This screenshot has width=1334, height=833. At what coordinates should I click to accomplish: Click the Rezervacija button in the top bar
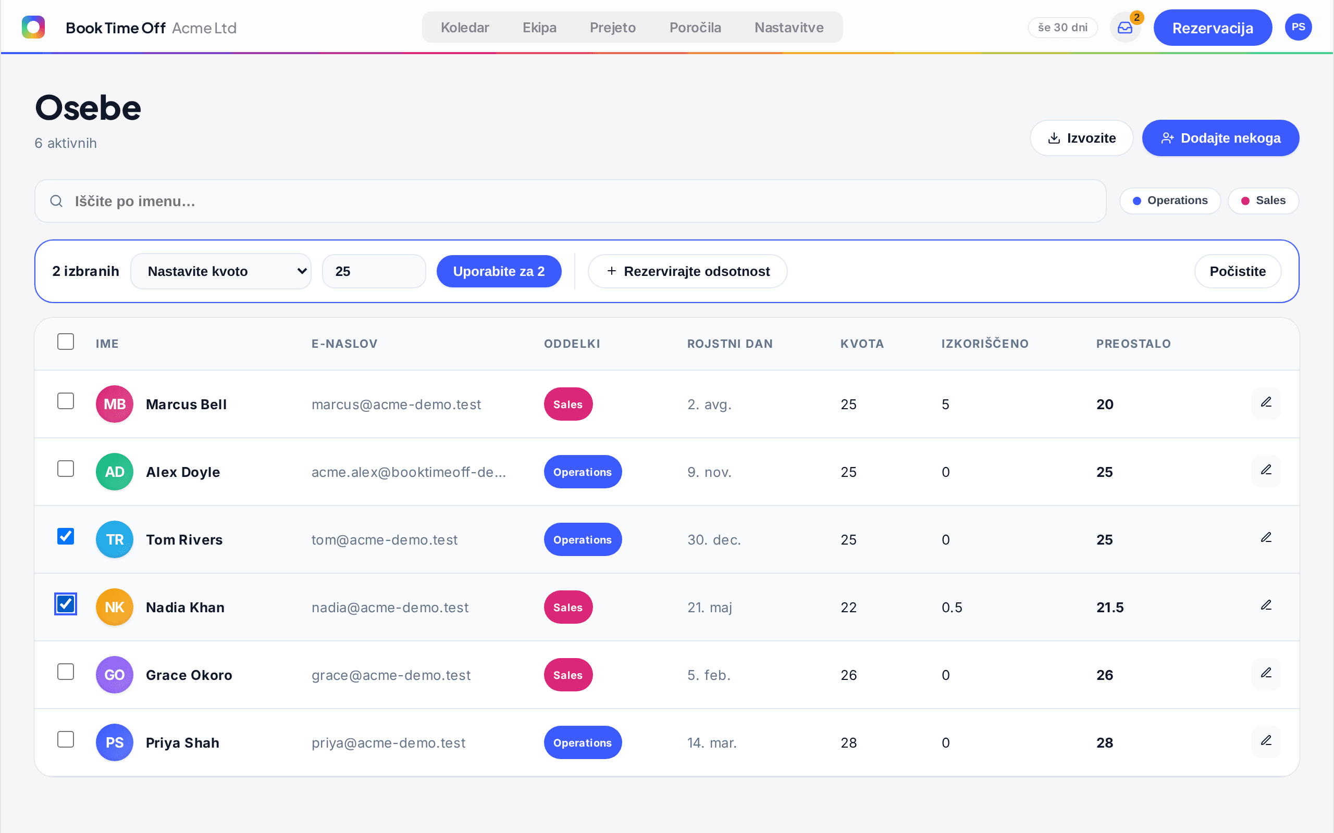click(x=1212, y=28)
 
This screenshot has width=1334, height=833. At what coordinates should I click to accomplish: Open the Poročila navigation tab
click(x=695, y=28)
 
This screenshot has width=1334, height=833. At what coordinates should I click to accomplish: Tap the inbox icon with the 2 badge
click(x=1125, y=28)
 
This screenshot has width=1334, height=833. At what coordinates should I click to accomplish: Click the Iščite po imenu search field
click(x=570, y=201)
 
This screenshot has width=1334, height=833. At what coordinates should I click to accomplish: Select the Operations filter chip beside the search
click(x=1170, y=200)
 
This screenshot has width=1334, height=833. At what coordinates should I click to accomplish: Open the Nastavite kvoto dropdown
click(x=221, y=271)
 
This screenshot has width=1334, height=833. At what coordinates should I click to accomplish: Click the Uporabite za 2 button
click(x=499, y=271)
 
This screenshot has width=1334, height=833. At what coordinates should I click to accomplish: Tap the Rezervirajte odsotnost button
click(x=687, y=271)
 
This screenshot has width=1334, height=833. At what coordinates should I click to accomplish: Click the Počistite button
click(x=1238, y=271)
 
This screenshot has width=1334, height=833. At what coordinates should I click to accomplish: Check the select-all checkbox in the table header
click(x=66, y=342)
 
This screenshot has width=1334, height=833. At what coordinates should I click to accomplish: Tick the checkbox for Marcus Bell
click(x=66, y=401)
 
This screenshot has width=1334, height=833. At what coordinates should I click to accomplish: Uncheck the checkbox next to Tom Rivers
click(x=66, y=536)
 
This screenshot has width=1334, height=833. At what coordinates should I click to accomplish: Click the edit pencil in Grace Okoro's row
click(x=1266, y=673)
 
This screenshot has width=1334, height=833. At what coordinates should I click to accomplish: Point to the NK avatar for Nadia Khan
click(x=115, y=607)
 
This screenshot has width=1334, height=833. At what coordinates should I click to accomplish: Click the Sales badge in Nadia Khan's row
click(x=569, y=607)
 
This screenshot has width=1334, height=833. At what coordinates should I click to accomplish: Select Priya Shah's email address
click(x=389, y=742)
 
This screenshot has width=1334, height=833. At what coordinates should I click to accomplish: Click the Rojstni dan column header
click(x=730, y=344)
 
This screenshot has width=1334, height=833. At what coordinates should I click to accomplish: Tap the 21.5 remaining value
click(x=1109, y=607)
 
